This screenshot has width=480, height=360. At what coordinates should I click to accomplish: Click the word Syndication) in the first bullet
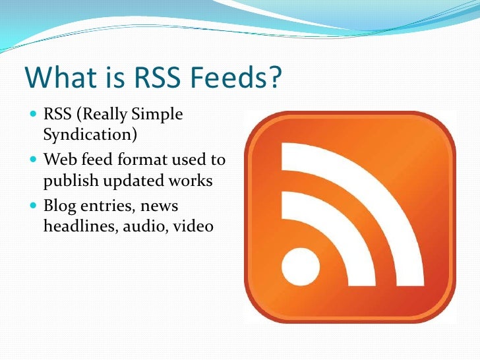[x=90, y=135]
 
